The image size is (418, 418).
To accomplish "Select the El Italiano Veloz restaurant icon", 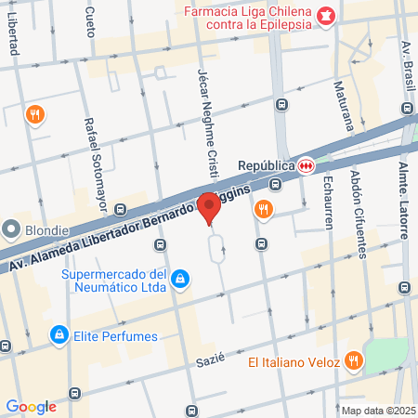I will (x=353, y=359).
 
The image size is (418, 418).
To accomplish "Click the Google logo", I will (x=31, y=406).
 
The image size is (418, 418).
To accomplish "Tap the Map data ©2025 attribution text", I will (x=377, y=410).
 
